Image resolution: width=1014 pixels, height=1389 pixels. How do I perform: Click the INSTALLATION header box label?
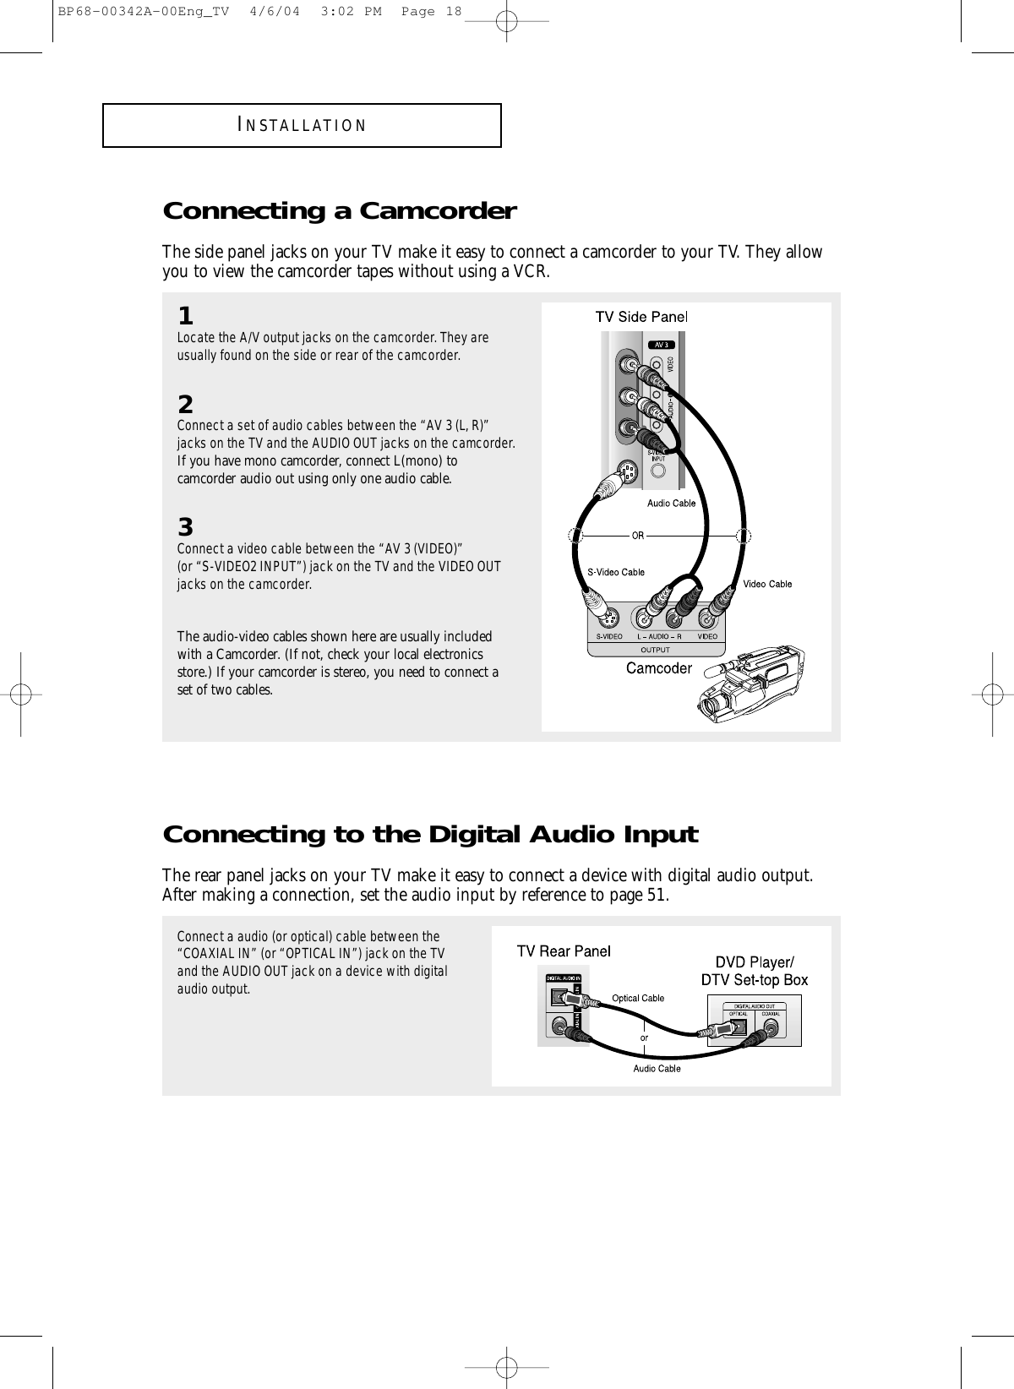pos(302,126)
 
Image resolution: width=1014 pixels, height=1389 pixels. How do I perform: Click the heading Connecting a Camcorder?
pos(339,210)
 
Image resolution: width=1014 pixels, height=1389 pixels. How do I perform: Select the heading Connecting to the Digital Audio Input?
pos(430,835)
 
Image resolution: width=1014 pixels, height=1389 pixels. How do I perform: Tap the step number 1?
pos(185,317)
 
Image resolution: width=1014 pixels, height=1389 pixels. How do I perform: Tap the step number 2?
pos(185,403)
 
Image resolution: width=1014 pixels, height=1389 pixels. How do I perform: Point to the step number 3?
pos(185,528)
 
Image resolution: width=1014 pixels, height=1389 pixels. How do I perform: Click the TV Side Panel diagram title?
pos(642,317)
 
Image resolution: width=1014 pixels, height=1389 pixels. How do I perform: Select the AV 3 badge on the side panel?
pos(661,345)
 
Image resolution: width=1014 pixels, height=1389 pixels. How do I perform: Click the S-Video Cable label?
pos(616,572)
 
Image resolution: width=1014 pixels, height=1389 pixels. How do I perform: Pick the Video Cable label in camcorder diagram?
pos(767,584)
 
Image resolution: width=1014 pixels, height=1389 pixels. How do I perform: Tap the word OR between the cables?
pos(637,535)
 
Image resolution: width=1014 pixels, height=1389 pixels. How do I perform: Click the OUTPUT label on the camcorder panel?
pos(655,650)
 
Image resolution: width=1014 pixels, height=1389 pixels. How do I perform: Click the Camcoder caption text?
pos(658,668)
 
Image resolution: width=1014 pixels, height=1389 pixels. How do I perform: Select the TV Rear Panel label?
pos(564,951)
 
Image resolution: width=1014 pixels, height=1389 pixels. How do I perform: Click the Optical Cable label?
pos(638,998)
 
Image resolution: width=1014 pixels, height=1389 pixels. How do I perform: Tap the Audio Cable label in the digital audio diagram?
pos(657,1069)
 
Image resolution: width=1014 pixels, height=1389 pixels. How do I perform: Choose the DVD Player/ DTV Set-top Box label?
pos(755,971)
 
